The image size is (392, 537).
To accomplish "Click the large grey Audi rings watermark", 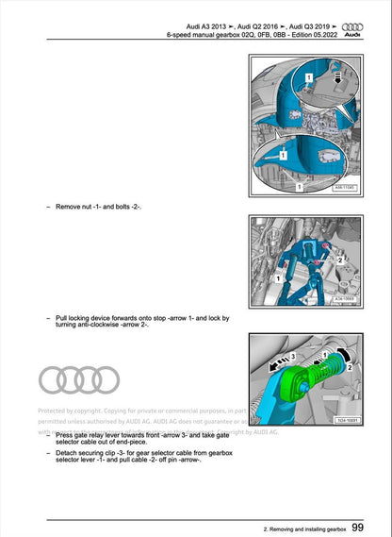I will click(79, 379).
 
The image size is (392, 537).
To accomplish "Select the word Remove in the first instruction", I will click(70, 205).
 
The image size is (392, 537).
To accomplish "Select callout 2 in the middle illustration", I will click(340, 256).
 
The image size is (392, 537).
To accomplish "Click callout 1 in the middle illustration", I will click(279, 280).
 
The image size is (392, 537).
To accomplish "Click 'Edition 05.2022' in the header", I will click(307, 35).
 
